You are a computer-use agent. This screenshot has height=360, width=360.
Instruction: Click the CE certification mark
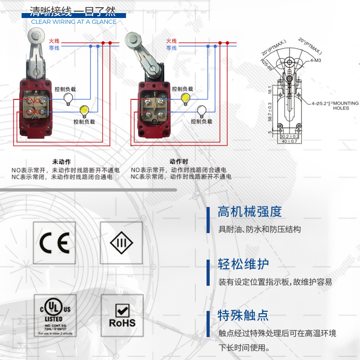point(54,243)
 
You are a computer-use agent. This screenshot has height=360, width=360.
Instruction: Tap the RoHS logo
point(122,316)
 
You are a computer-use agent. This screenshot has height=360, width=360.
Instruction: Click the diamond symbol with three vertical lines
point(122,243)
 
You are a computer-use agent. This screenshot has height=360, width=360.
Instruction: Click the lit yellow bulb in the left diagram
point(83,110)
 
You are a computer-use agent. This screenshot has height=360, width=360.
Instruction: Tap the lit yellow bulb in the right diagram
point(185,99)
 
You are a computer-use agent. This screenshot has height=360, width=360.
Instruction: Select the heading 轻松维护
point(243,264)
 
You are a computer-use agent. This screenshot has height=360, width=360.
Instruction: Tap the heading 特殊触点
point(243,315)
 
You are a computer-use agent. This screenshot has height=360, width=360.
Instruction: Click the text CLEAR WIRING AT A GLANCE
point(74,22)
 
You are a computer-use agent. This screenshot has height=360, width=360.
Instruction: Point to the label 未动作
point(62,161)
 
